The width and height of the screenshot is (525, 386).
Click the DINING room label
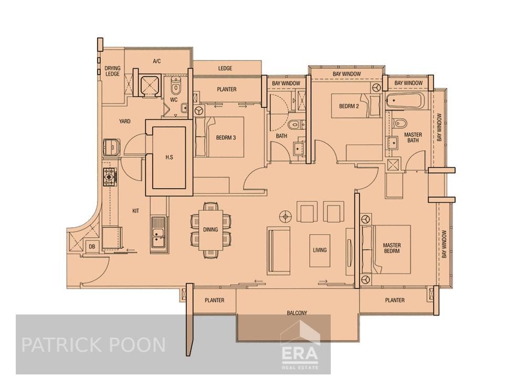(211, 230)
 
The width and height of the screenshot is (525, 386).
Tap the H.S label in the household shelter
(169, 157)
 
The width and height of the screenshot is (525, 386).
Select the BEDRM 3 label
(226, 138)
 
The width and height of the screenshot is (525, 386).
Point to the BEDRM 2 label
(349, 106)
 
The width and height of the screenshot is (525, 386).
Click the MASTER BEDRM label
(392, 248)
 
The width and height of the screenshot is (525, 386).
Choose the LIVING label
(319, 250)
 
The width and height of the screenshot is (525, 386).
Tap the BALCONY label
(297, 313)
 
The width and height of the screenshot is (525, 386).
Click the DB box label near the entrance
(92, 246)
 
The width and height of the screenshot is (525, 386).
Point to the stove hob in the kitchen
(110, 176)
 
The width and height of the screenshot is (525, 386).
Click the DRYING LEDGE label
(112, 71)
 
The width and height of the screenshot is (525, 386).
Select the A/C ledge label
(156, 62)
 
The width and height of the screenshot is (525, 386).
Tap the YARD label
(124, 121)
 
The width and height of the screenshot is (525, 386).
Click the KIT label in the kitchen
(135, 210)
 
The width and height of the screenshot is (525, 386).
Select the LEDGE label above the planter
(225, 68)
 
